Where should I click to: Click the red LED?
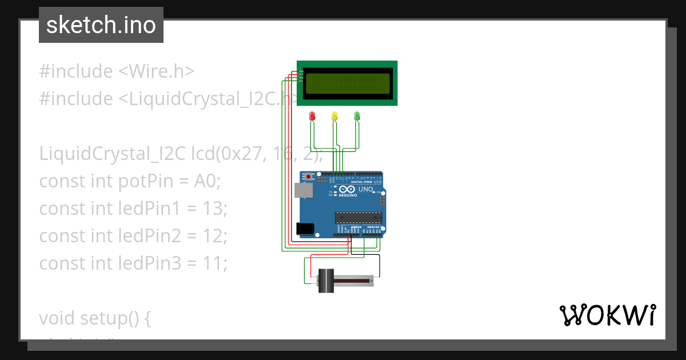pos(312,116)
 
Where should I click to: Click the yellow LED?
pos(334,116)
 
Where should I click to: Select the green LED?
pos(357,116)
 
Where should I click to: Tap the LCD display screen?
pos(348,83)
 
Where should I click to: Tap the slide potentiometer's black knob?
pos(326,281)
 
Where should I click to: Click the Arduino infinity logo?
pos(346,190)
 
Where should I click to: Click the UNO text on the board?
pos(365,189)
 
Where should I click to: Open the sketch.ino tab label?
pos(101,25)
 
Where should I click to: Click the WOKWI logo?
pos(607,315)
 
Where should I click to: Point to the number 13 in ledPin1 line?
pos(215,209)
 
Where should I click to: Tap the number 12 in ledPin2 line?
pos(215,236)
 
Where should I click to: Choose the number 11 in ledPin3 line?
pos(215,263)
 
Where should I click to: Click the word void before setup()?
pos(57,318)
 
